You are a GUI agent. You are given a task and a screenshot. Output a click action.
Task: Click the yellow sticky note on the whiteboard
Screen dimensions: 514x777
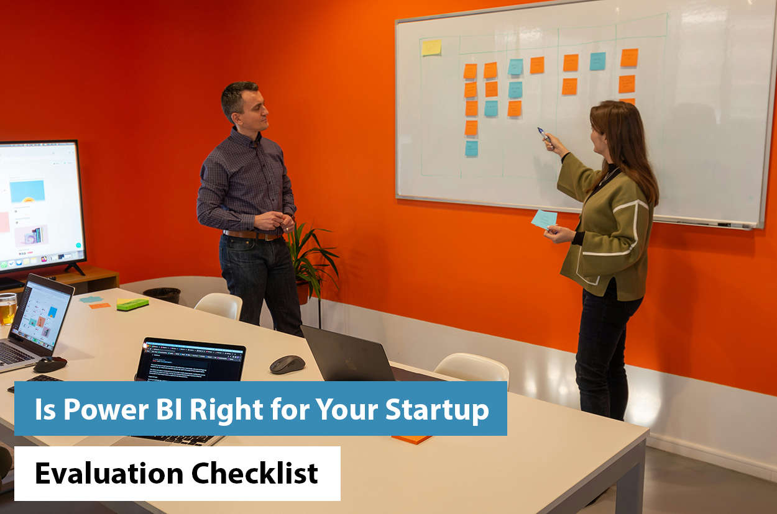431,47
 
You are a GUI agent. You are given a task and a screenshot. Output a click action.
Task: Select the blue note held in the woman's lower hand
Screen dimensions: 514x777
544,219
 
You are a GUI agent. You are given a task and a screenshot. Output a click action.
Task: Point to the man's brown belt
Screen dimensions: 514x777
252,235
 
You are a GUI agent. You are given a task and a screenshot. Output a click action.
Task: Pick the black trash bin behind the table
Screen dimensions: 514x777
162,295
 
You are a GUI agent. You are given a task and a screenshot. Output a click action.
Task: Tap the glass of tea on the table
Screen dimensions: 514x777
7,309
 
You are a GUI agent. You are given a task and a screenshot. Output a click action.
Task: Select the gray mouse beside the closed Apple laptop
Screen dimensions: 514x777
287,364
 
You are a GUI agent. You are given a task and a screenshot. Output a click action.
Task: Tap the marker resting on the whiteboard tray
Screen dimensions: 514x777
724,224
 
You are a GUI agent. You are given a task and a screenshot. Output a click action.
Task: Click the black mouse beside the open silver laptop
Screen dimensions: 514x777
50,364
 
